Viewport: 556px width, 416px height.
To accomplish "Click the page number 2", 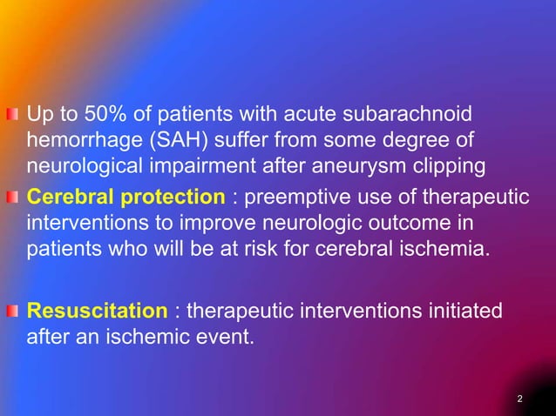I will tap(519, 399).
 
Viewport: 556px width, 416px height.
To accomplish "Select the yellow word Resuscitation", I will tap(96, 311).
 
